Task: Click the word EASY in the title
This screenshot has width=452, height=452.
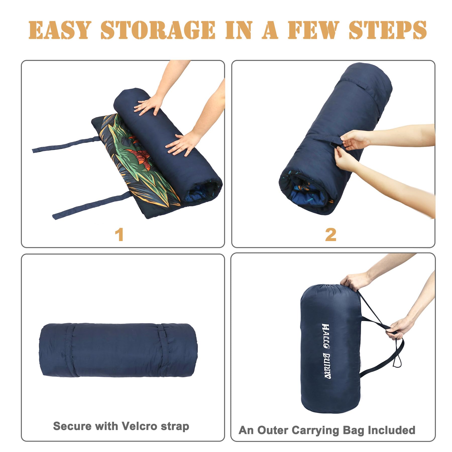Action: pyautogui.click(x=59, y=30)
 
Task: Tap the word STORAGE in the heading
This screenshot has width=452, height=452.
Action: pyautogui.click(x=158, y=30)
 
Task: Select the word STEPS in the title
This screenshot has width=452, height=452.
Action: pyautogui.click(x=387, y=30)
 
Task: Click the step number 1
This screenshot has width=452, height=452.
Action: pyautogui.click(x=120, y=235)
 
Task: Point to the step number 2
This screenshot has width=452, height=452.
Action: pyautogui.click(x=330, y=235)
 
